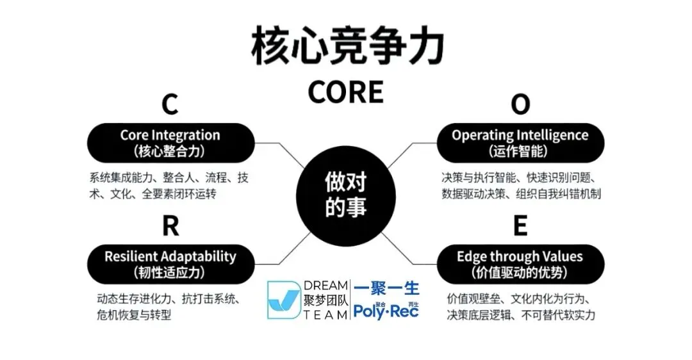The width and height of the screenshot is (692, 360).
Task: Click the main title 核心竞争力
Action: pos(346,45)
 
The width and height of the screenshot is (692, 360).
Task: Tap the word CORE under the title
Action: pos(345,91)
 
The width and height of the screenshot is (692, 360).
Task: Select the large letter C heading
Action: pos(169,104)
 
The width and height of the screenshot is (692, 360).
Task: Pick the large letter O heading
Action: pos(521,104)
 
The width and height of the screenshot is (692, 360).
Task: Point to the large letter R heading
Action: pos(170,226)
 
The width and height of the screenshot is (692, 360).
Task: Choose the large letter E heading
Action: pos(520,226)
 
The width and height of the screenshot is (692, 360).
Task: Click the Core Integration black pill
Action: pos(170,142)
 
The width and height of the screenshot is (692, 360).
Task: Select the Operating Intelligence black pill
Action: pos(520,142)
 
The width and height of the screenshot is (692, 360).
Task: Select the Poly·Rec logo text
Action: pos(386,311)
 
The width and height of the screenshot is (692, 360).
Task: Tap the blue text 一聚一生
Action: pos(386,288)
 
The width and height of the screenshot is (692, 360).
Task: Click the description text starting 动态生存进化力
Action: pos(167,306)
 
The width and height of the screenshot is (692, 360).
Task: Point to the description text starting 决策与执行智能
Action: pos(520,184)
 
